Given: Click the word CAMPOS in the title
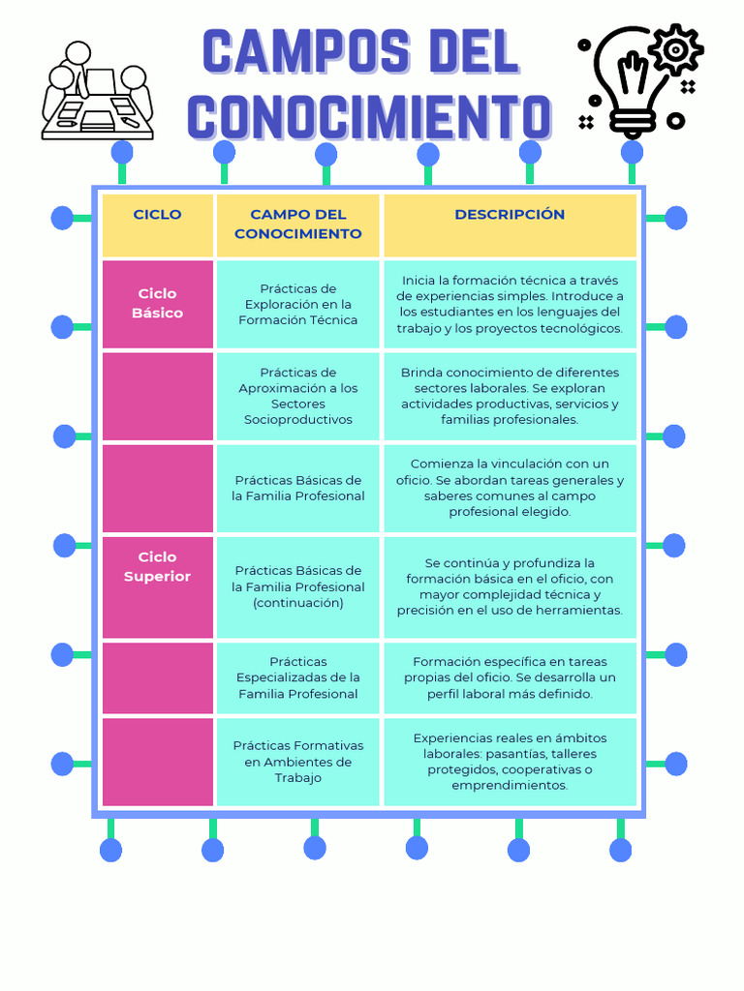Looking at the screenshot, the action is point(306,51).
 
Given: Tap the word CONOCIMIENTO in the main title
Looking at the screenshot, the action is point(369,117).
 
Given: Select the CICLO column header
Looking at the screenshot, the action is point(158,214).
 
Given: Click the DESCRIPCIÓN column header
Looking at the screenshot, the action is point(510,214).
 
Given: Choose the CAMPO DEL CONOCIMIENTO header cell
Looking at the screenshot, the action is point(298,225).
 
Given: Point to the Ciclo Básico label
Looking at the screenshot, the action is point(158,303).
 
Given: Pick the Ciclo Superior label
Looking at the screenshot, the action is point(158,567).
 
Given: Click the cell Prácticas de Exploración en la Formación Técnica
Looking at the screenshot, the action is point(298,304).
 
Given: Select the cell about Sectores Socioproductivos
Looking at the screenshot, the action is point(298,396).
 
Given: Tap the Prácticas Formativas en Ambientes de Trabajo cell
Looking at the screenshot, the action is point(298,762).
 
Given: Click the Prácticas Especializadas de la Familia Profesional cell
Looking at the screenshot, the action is point(298,677).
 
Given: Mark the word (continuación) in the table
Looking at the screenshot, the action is point(298,603).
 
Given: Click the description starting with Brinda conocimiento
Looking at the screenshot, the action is point(510,396).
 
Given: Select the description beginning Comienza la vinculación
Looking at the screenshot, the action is point(510,488).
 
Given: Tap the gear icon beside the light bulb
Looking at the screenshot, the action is point(675,49).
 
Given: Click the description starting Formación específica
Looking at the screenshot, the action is point(510,677).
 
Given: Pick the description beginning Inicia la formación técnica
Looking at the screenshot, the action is point(510,304).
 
